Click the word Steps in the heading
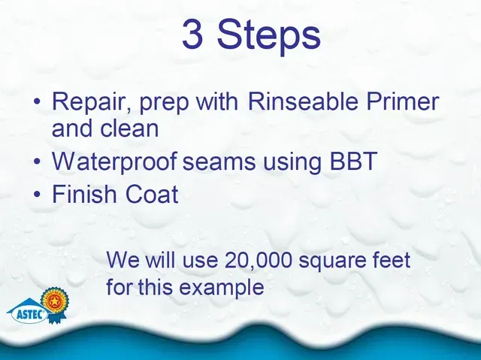269,37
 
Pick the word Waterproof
114,162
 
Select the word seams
219,162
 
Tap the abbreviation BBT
353,161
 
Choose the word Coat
152,194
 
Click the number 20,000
259,261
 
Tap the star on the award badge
55,301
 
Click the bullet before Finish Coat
37,194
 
